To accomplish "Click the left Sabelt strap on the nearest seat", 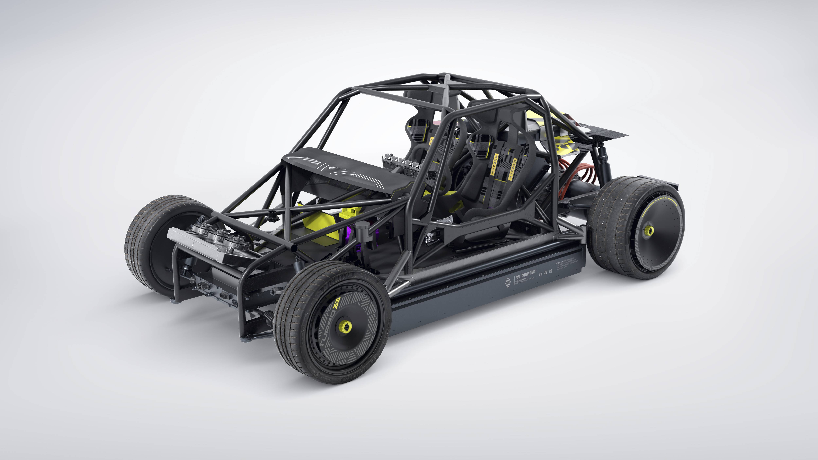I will point(496,164).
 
